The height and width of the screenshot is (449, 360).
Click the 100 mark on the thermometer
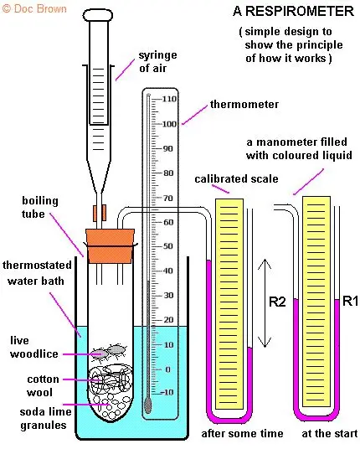point(169,124)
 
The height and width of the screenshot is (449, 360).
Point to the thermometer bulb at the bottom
point(147,405)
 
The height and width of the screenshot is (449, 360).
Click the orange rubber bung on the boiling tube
point(111,245)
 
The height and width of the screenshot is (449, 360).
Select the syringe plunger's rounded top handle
point(98,15)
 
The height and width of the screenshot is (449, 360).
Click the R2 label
point(277,302)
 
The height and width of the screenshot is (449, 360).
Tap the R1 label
point(350,302)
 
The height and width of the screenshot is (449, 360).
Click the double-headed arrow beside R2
point(265,303)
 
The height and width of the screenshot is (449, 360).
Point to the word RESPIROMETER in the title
point(300,12)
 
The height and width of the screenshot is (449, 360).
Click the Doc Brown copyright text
point(34,8)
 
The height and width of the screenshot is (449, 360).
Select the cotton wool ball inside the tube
point(111,379)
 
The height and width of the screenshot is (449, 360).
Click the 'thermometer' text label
point(244,104)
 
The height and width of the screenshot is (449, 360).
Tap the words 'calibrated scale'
point(236,179)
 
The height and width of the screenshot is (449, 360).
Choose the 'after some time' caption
point(242,434)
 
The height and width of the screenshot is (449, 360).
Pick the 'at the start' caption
point(330,434)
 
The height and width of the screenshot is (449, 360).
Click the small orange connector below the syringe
point(100,213)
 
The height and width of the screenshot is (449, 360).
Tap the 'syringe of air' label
point(157,61)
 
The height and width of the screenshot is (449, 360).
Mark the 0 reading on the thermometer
point(168,369)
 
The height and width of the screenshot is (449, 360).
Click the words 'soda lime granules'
point(45,418)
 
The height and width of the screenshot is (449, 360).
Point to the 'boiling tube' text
point(40,207)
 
